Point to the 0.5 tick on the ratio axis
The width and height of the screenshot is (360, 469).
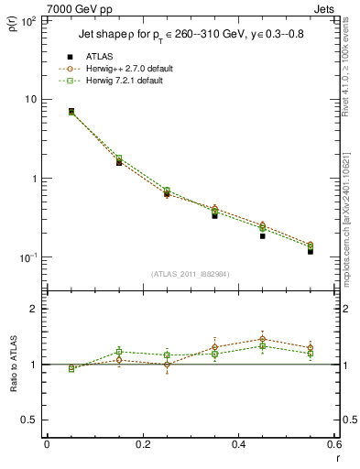pos(29,420)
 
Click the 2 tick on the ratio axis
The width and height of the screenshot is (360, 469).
pos(33,309)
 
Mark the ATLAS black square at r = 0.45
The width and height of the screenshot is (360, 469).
pos(262,235)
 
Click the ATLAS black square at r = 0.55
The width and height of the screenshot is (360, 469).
pos(311,250)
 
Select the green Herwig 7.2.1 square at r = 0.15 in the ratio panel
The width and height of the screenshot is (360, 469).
pos(119,351)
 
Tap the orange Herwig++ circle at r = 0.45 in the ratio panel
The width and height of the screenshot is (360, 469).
pos(262,339)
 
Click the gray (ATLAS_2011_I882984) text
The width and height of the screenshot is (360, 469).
pos(191,274)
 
